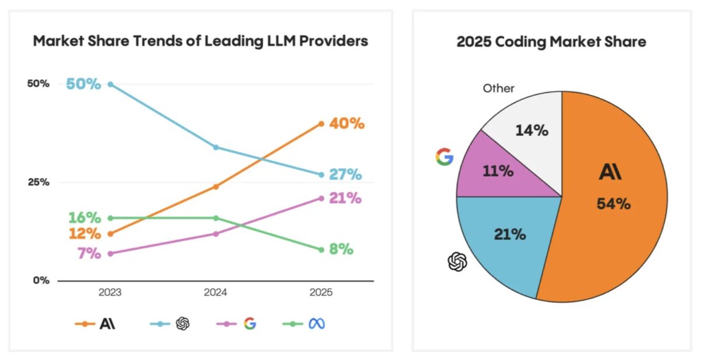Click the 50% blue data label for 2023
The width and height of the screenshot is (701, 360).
click(84, 84)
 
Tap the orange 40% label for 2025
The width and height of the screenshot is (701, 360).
click(347, 124)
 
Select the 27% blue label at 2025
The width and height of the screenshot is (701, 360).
click(345, 175)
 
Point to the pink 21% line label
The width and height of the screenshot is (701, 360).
click(345, 198)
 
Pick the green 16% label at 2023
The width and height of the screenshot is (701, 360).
click(85, 218)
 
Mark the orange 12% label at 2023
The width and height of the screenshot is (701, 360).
click(85, 234)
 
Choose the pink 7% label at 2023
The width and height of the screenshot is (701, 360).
click(89, 254)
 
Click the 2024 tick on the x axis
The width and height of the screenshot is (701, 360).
click(216, 292)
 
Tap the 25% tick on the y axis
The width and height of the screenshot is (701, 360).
click(38, 182)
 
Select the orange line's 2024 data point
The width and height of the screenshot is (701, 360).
click(216, 186)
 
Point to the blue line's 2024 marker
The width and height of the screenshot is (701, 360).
click(216, 147)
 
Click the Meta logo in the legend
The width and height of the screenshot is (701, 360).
click(316, 323)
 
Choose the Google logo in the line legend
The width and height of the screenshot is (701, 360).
click(249, 323)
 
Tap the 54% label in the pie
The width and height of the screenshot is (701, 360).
click(613, 204)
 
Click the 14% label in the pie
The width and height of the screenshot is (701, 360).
click(532, 130)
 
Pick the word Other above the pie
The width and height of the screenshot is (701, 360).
click(498, 88)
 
